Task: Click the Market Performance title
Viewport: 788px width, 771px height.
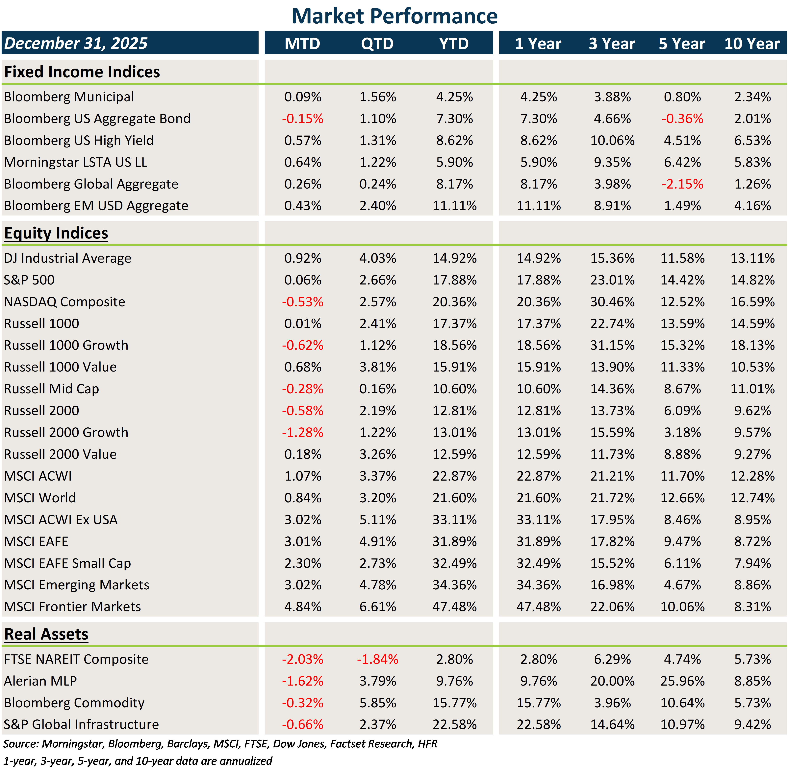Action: pyautogui.click(x=394, y=16)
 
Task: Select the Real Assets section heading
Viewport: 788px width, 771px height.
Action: pyautogui.click(x=46, y=634)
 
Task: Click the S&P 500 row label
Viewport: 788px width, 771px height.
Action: pyautogui.click(x=29, y=280)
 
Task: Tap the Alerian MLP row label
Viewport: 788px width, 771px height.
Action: pyautogui.click(x=40, y=681)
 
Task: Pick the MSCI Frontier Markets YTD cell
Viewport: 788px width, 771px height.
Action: pyautogui.click(x=454, y=607)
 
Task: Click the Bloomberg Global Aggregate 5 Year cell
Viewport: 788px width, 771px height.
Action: pyautogui.click(x=682, y=184)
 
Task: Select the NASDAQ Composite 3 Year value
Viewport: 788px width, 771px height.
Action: pyautogui.click(x=612, y=302)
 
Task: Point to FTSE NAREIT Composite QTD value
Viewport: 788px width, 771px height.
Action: pyautogui.click(x=377, y=659)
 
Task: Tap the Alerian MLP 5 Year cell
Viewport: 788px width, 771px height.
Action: pyautogui.click(x=682, y=681)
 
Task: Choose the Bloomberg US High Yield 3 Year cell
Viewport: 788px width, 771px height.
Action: pyautogui.click(x=612, y=141)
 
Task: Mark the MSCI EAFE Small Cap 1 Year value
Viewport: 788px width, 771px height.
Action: pyautogui.click(x=538, y=563)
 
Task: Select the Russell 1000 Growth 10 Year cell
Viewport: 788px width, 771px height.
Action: pyautogui.click(x=752, y=345)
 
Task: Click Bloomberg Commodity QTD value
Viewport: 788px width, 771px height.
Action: pyautogui.click(x=377, y=703)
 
